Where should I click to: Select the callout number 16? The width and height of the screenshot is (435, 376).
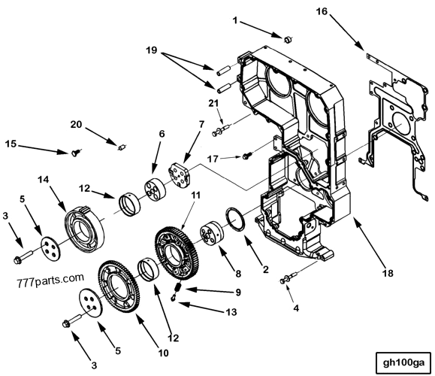(x=343, y=12)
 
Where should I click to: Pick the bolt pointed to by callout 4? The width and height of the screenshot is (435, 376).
(x=286, y=281)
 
